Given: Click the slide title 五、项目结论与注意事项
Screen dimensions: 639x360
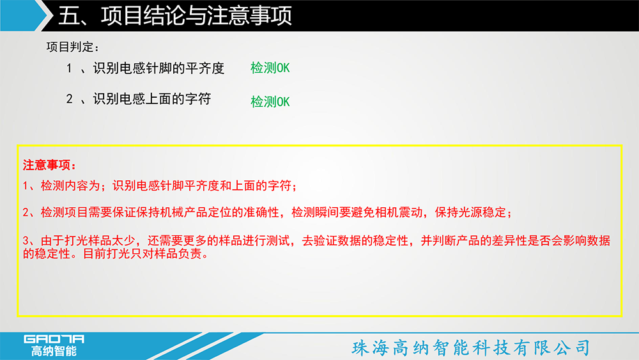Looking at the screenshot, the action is (175, 16).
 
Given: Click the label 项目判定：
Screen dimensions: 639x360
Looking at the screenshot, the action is (73, 47).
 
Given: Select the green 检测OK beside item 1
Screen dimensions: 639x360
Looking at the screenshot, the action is (270, 68).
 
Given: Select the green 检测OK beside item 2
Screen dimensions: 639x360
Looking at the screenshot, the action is (270, 102).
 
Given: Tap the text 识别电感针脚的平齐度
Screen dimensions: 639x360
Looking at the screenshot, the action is (158, 68).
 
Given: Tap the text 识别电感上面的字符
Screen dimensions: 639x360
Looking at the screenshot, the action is (152, 98).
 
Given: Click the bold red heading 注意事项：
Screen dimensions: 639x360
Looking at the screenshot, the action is (49, 165).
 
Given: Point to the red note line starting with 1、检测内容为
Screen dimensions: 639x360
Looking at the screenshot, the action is (160, 186).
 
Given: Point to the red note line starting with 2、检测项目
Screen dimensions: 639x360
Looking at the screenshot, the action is (267, 212).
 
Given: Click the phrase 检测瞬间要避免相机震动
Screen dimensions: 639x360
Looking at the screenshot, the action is (357, 212).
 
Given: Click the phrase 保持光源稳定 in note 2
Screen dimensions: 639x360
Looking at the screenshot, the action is (470, 212).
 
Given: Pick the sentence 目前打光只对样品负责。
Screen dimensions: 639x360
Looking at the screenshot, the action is (146, 254).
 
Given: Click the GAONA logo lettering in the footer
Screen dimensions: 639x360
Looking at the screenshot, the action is (54, 339).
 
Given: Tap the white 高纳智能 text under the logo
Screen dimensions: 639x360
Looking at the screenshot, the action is (54, 350).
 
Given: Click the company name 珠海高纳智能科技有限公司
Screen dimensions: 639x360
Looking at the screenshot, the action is (471, 348).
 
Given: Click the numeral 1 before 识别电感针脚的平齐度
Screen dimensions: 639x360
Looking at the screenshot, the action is (69, 68).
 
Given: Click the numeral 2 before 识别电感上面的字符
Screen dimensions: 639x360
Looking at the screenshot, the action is (69, 98).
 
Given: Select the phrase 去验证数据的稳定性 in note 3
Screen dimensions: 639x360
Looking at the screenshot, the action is (355, 240).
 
